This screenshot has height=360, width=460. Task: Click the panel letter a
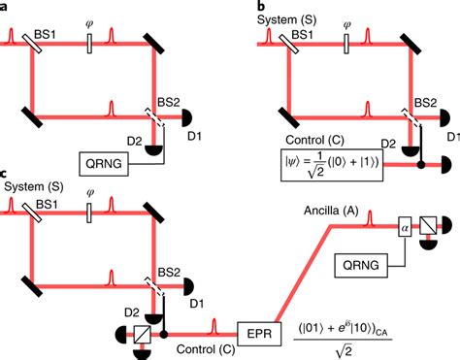6,7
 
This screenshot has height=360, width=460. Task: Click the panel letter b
260,7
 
